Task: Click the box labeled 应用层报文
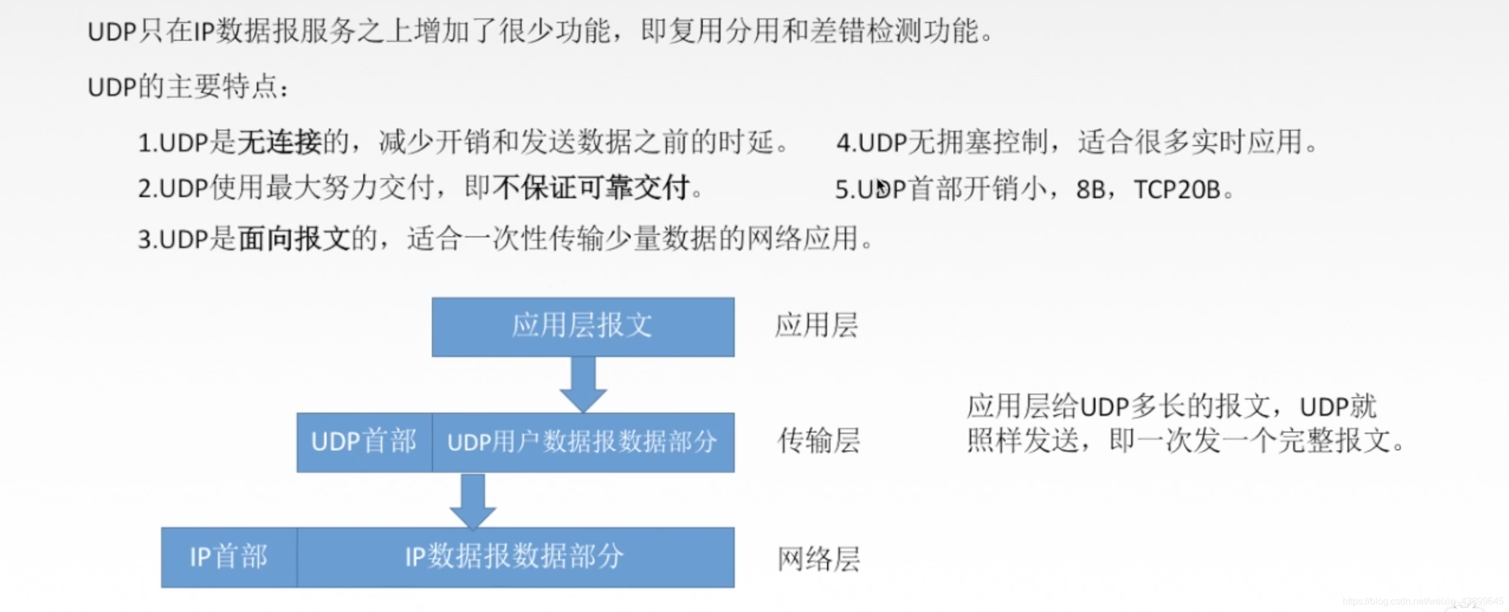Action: point(583,326)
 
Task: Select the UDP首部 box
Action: point(364,442)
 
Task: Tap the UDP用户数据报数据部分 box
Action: point(583,442)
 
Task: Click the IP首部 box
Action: point(228,557)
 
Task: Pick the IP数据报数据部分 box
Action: point(515,557)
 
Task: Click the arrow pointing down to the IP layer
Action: point(473,501)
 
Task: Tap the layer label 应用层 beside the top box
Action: point(816,326)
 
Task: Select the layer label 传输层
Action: point(818,441)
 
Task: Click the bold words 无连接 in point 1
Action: point(279,142)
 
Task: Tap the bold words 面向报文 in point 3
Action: point(294,239)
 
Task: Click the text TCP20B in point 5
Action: point(1177,189)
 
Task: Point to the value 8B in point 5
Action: point(1091,189)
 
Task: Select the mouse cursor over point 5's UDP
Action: point(881,187)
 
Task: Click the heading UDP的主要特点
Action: point(188,87)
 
